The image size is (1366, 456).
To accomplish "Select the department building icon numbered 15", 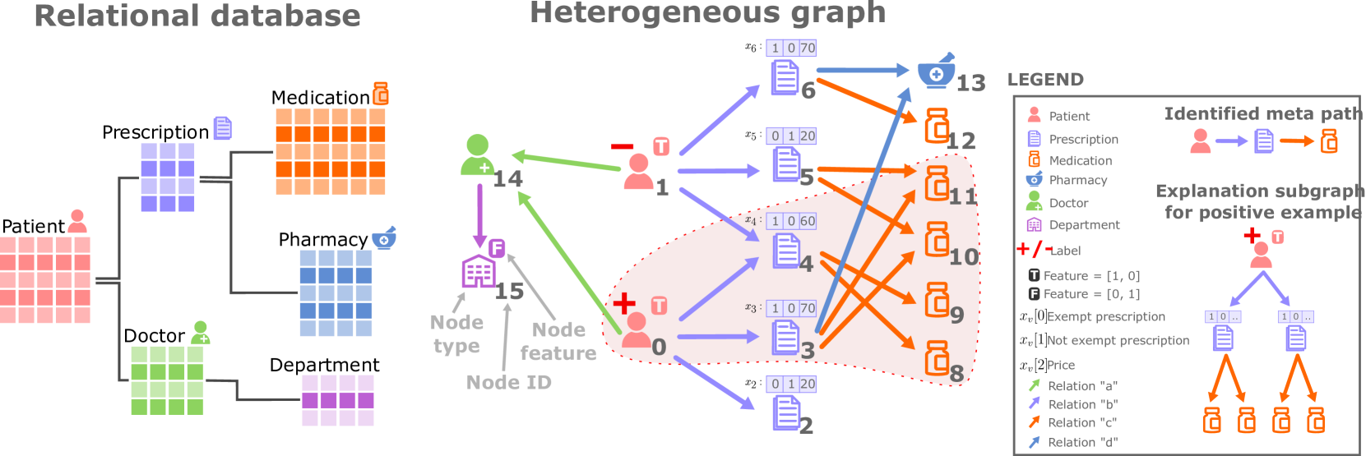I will [478, 270].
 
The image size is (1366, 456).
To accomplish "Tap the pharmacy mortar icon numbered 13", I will [936, 72].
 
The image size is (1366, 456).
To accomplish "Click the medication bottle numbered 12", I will [937, 127].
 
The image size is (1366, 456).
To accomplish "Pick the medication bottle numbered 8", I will [937, 358].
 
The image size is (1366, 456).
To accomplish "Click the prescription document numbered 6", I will [785, 79].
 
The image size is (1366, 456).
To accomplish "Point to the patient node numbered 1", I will [638, 172].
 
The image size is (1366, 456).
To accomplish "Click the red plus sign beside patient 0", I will [624, 303].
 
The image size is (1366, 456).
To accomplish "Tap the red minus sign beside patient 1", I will [622, 147].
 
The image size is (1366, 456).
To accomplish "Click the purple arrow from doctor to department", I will [479, 215].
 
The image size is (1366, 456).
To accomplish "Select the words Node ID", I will [508, 382].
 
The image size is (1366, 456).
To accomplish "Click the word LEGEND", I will [1045, 80].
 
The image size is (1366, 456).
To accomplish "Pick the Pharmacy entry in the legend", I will [1077, 181].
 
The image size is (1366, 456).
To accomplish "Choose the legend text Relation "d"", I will [1082, 442].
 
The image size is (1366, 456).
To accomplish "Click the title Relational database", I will [197, 16].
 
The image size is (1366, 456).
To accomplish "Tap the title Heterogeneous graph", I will [707, 12].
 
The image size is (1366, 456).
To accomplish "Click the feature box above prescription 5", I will [791, 136].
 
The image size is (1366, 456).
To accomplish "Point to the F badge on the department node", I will [496, 247].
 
